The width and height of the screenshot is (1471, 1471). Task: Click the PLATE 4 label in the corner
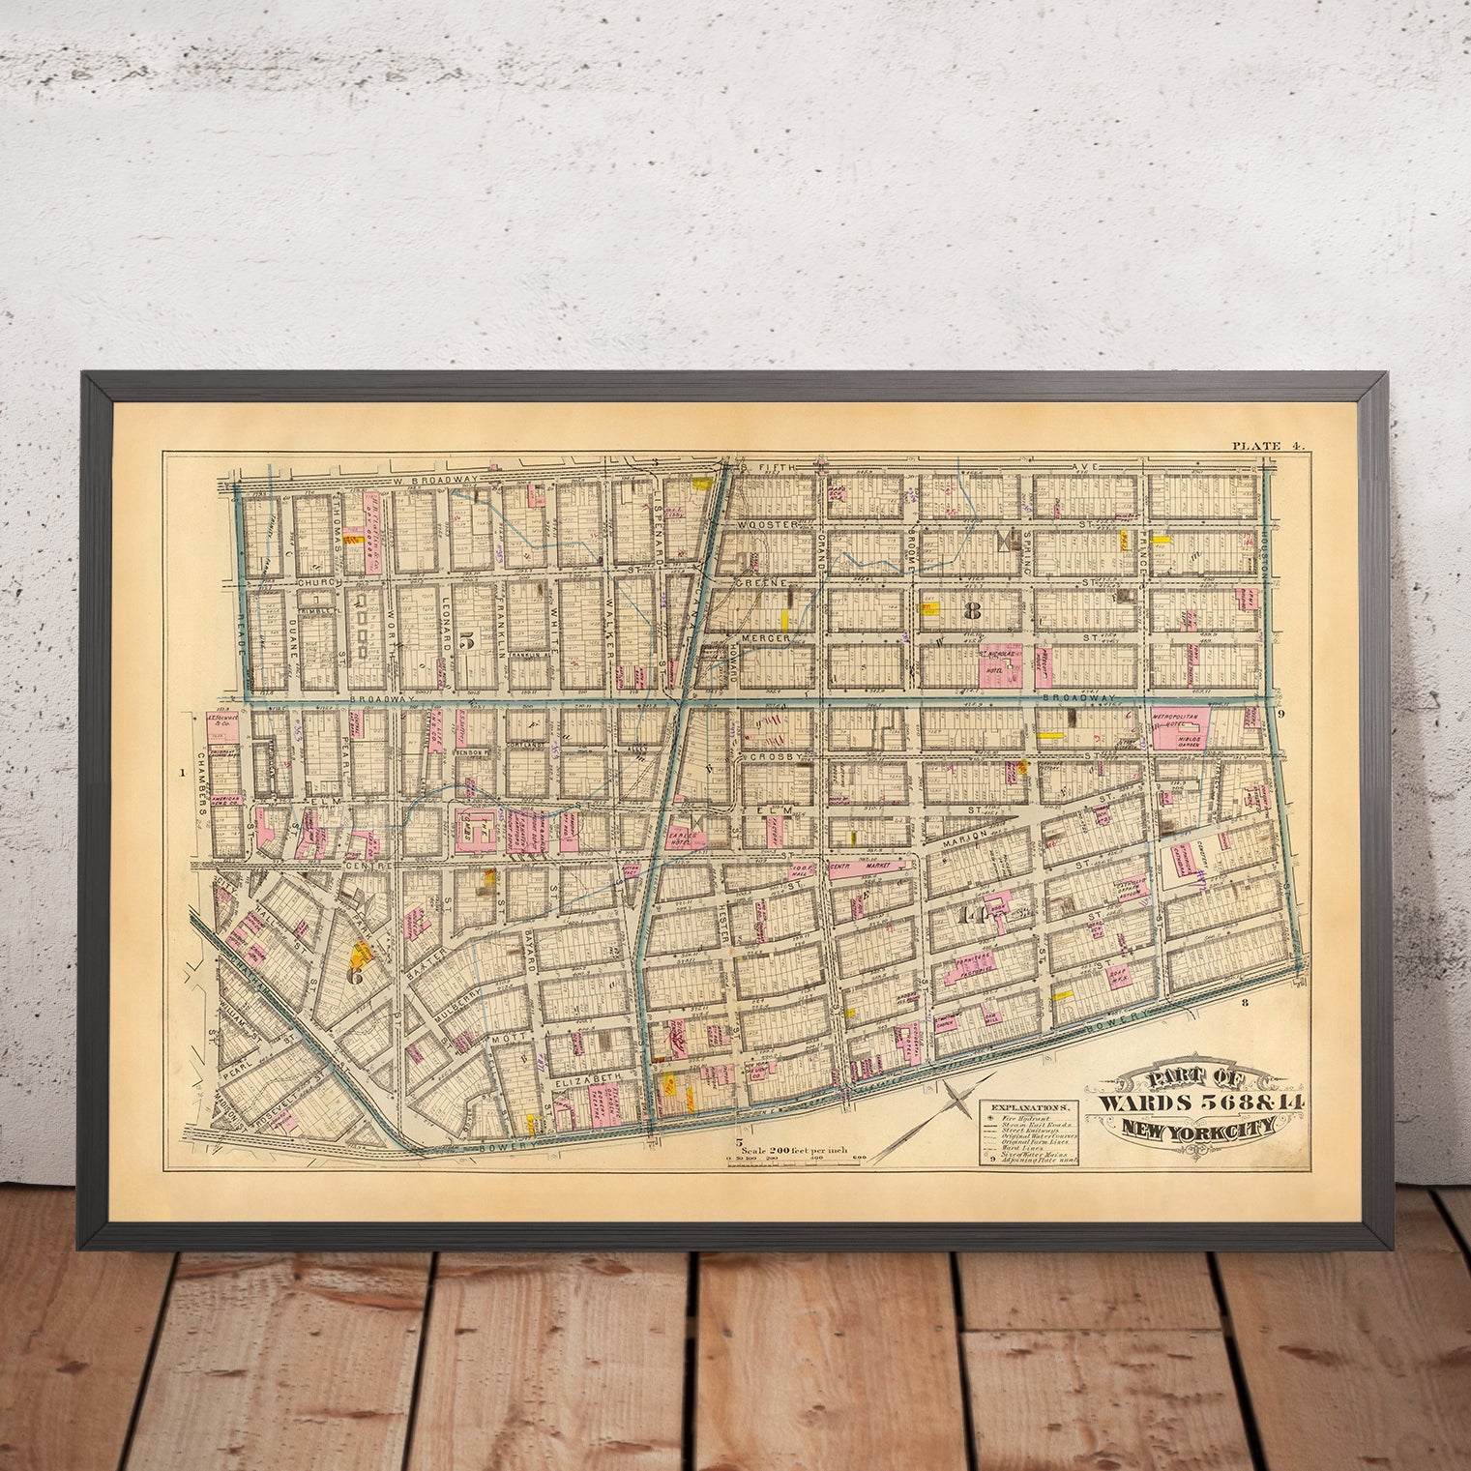[x=1267, y=446]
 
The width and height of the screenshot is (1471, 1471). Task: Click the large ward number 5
[x=469, y=638]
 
